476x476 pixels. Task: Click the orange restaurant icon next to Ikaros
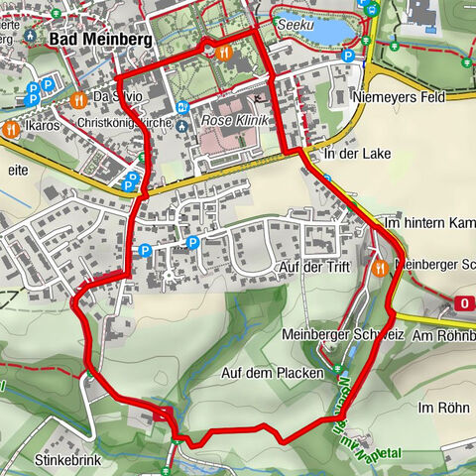(x=11, y=128)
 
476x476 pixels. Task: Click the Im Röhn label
(x=440, y=408)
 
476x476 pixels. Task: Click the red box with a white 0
(x=464, y=302)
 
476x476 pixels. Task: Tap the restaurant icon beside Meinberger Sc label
(x=379, y=266)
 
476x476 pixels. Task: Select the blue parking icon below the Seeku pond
(x=347, y=57)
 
